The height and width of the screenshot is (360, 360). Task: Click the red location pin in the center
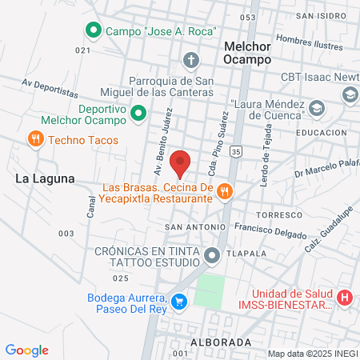(x=181, y=162)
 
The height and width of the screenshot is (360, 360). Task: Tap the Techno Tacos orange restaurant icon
(x=35, y=140)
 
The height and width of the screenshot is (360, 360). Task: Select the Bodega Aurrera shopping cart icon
(x=181, y=302)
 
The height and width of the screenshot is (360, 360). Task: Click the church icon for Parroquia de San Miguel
(x=190, y=60)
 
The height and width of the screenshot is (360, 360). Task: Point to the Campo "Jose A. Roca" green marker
(x=93, y=31)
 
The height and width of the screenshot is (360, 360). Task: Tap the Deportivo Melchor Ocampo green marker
(x=138, y=114)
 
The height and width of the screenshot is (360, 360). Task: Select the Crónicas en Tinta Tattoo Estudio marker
(x=212, y=256)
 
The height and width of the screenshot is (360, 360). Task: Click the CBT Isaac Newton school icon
(x=350, y=94)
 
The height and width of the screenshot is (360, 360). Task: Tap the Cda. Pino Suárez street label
(x=214, y=129)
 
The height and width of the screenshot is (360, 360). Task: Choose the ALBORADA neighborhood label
(x=222, y=342)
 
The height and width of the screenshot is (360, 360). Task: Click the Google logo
(x=27, y=350)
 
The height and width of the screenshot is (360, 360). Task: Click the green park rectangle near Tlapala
(x=210, y=290)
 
